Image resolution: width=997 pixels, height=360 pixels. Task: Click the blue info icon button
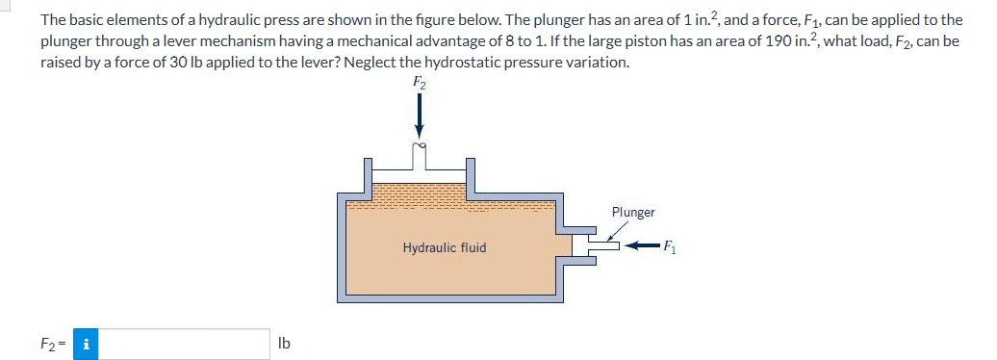tap(87, 344)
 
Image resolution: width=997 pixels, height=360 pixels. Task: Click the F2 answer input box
tap(184, 344)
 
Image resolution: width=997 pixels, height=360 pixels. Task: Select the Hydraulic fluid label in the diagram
tap(444, 247)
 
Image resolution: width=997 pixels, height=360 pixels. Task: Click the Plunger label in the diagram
tap(632, 212)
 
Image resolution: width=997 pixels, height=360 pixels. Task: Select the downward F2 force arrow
tap(419, 118)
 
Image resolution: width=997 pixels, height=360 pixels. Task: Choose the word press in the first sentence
tap(269, 19)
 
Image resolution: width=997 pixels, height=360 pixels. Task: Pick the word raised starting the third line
tap(60, 62)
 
